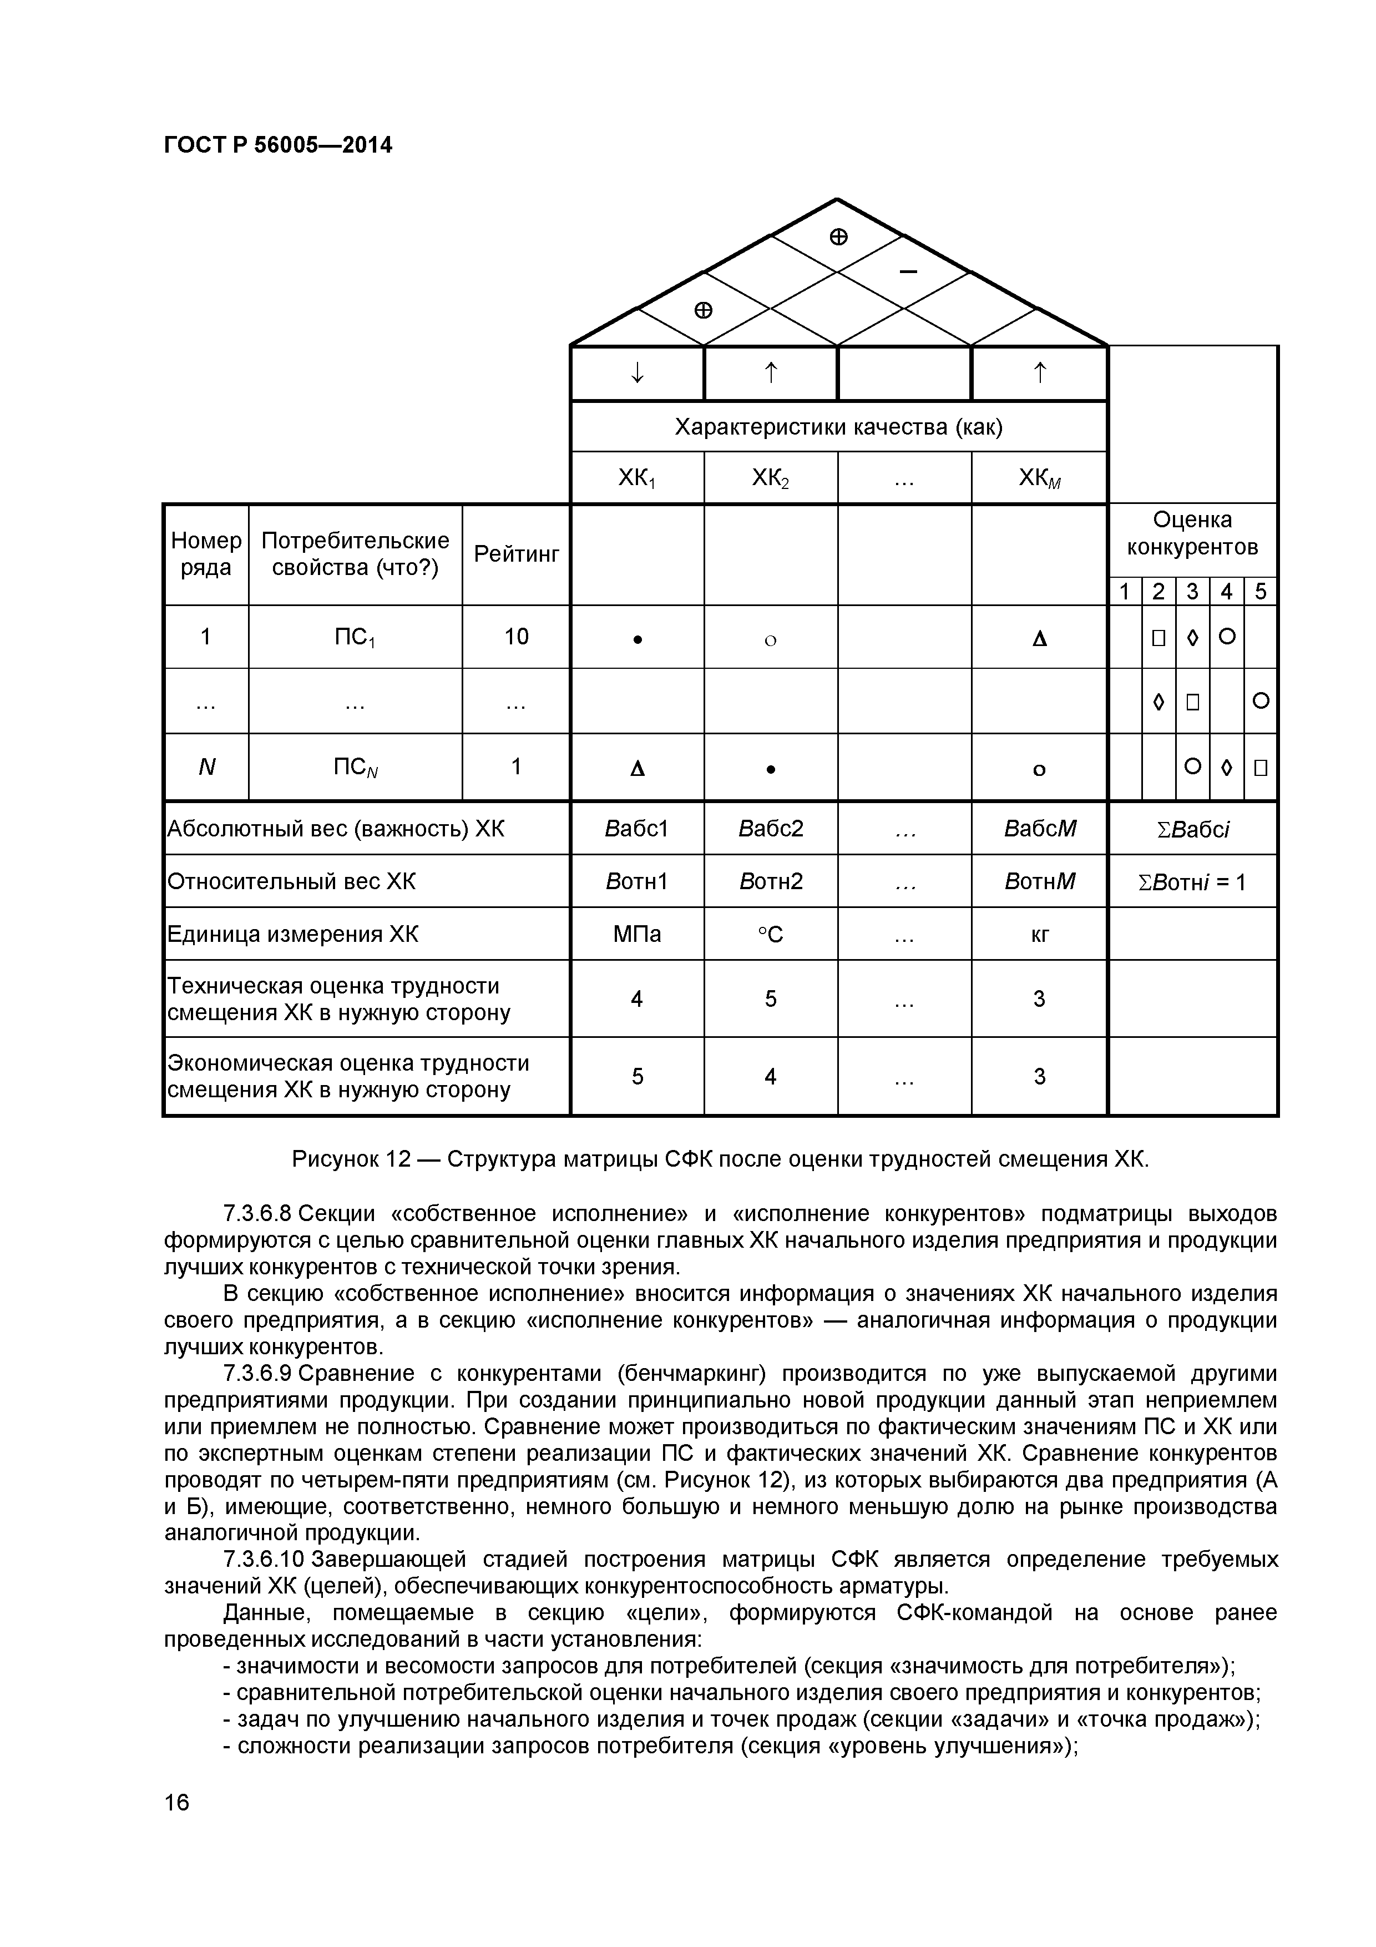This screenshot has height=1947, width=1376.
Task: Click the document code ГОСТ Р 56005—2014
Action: click(x=277, y=146)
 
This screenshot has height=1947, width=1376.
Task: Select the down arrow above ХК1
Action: click(x=637, y=373)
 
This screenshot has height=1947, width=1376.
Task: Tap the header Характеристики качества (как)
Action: click(x=838, y=427)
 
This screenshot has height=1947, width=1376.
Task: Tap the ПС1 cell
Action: click(x=355, y=637)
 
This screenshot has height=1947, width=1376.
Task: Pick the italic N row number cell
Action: click(x=206, y=768)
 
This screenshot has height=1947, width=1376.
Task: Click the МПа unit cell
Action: click(x=637, y=935)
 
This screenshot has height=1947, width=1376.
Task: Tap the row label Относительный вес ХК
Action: click(x=292, y=882)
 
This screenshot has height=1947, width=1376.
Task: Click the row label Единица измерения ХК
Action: click(x=292, y=935)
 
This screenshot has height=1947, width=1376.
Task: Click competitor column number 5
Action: click(x=1260, y=592)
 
